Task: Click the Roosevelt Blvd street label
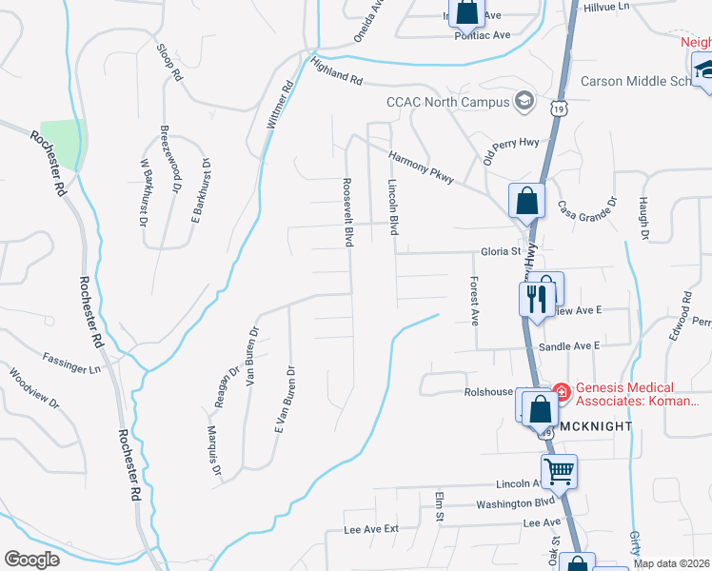(348, 212)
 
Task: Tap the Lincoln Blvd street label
(392, 207)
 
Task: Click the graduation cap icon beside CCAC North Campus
(523, 99)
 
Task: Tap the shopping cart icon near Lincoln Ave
(559, 469)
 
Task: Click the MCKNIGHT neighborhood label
(593, 426)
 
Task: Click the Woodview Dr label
(33, 389)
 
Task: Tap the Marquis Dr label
(214, 450)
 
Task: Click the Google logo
(31, 560)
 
